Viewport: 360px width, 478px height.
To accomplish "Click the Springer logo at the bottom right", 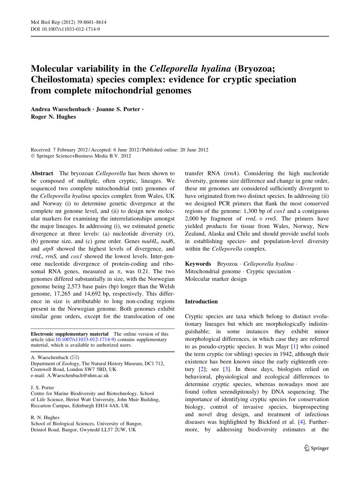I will pos(316,448).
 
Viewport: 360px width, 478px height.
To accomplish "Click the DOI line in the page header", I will pos(65,29).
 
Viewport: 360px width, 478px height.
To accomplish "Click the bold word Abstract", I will pos(42,173).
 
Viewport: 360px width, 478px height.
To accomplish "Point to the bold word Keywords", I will pos(198,264).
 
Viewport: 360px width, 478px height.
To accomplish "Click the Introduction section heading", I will pos(201,302).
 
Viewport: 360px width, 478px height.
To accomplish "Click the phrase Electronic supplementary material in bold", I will pos(70,334).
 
